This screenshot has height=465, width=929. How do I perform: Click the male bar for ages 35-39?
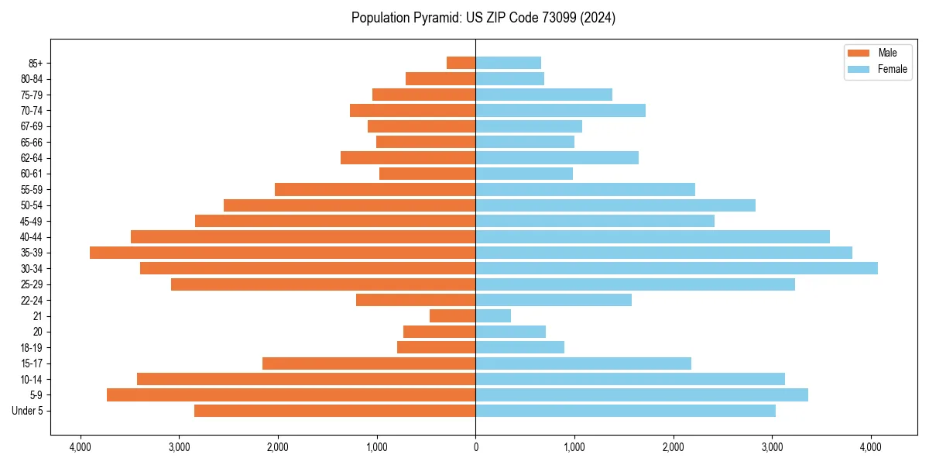point(283,253)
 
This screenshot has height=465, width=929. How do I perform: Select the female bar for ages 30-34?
point(677,268)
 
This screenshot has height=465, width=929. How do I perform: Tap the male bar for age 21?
point(453,315)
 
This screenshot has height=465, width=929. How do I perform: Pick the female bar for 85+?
point(508,63)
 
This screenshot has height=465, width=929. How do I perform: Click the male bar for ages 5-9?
point(291,394)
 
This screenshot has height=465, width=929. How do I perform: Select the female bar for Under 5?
point(626,411)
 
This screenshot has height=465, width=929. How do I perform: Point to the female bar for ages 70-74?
point(560,110)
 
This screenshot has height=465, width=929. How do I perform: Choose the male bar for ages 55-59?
point(375,189)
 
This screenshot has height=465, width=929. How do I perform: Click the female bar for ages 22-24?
point(554,300)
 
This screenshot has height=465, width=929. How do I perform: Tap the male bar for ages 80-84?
point(441,78)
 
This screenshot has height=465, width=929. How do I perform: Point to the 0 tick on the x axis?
point(475,448)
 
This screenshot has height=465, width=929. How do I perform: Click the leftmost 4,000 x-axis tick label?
point(80,448)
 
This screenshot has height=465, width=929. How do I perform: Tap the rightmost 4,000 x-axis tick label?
point(871,448)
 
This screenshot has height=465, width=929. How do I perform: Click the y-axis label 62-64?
point(32,157)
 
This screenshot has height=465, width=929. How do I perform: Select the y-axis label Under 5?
point(28,411)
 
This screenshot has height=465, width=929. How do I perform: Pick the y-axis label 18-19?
point(32,347)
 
